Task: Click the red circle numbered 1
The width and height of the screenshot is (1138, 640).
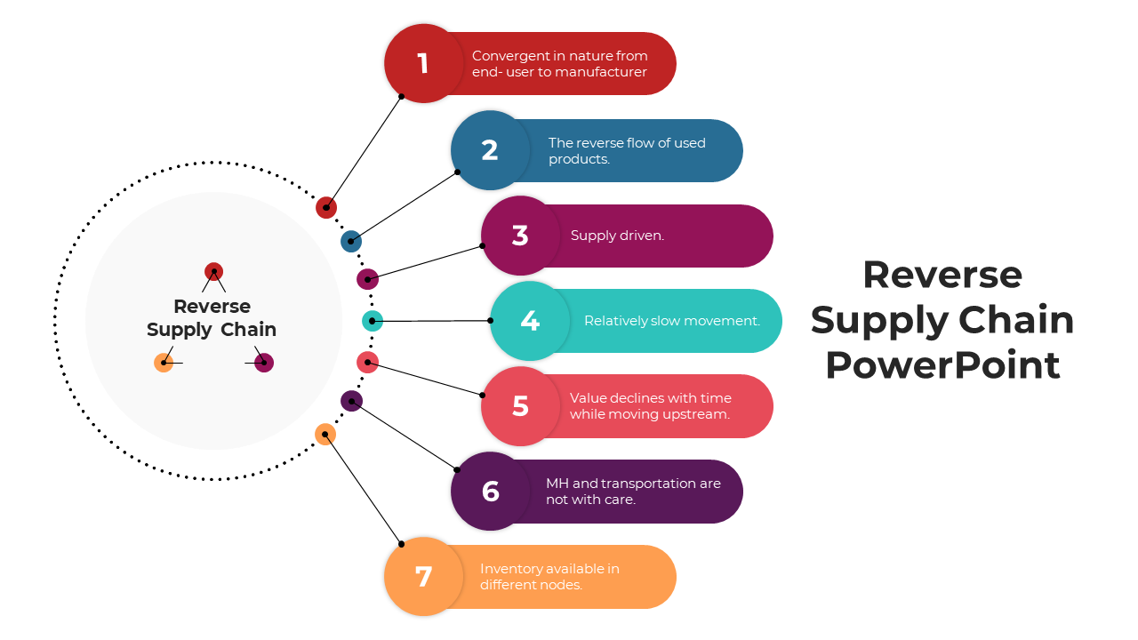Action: pyautogui.click(x=423, y=63)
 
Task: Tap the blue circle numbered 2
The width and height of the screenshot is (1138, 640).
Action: pyautogui.click(x=490, y=150)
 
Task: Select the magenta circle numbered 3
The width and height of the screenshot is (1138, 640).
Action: pyautogui.click(x=520, y=236)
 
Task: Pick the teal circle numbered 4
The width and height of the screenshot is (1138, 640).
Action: pyautogui.click(x=530, y=321)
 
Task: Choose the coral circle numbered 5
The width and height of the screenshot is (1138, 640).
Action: pyautogui.click(x=520, y=406)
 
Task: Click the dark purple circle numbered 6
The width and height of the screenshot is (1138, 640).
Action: pyautogui.click(x=490, y=492)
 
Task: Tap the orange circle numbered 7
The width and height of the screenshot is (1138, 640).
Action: pyautogui.click(x=423, y=577)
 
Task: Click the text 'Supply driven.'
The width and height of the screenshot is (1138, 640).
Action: pyautogui.click(x=617, y=236)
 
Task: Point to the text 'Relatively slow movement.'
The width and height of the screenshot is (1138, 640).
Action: pyautogui.click(x=671, y=321)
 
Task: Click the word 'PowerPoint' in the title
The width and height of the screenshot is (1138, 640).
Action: pyautogui.click(x=942, y=365)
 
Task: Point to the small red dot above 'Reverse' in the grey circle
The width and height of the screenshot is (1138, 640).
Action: pyautogui.click(x=213, y=271)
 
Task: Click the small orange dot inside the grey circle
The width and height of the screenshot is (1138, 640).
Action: pyautogui.click(x=164, y=363)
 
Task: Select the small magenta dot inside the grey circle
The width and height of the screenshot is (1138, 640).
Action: pyautogui.click(x=263, y=363)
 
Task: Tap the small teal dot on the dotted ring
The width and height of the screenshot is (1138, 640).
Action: pyautogui.click(x=373, y=321)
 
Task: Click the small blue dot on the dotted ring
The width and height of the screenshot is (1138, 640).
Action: pyautogui.click(x=351, y=241)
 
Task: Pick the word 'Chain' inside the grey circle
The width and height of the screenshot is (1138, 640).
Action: pyautogui.click(x=249, y=330)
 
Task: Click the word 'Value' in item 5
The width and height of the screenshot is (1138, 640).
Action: pyautogui.click(x=589, y=398)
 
